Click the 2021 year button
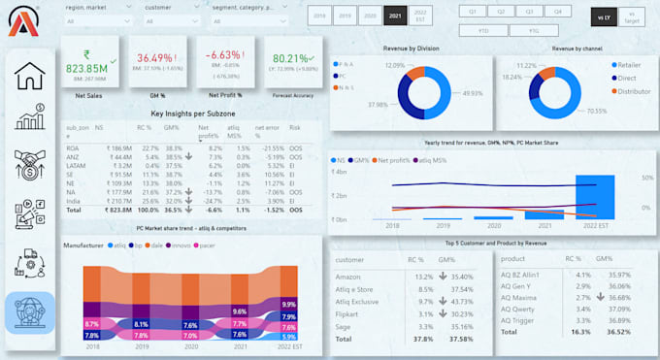(x=394, y=16)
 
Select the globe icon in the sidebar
(x=29, y=311)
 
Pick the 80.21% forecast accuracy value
(x=290, y=58)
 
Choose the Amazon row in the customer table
(x=348, y=278)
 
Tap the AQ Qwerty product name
(x=519, y=310)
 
